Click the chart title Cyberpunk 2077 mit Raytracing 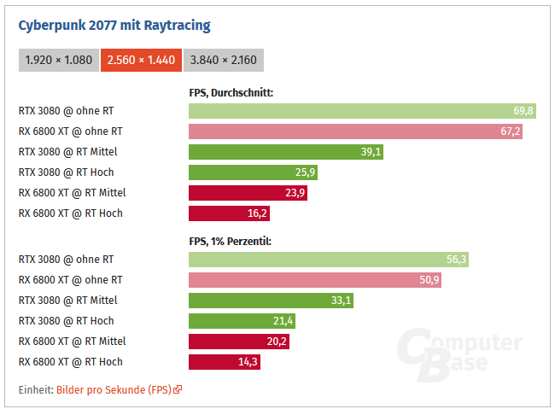(114, 26)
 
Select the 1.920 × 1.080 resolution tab (58, 61)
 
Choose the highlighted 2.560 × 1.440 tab (140, 61)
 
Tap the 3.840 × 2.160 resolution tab (223, 61)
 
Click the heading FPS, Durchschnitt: (231, 92)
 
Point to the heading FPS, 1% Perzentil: (231, 242)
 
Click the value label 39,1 (371, 152)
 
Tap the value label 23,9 (295, 193)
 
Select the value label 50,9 (429, 280)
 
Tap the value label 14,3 (247, 362)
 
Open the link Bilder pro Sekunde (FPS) (114, 389)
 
